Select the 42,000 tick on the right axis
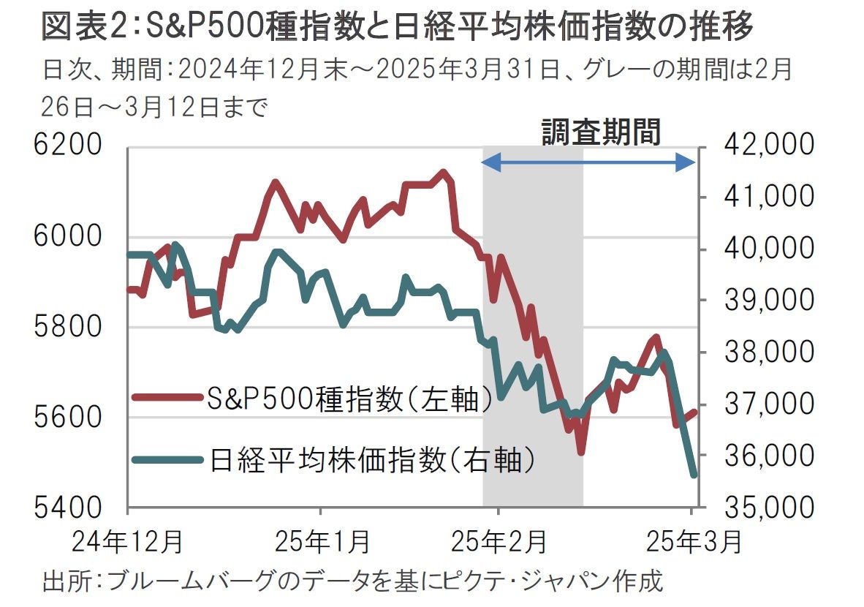point(765,146)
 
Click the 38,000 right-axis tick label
point(765,352)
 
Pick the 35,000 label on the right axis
point(765,507)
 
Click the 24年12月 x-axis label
point(127,543)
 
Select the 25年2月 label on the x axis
point(499,543)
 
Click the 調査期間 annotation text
point(601,132)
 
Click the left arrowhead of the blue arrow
point(488,162)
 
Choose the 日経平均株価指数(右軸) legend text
point(373,459)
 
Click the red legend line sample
point(167,398)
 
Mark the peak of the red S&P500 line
point(443,173)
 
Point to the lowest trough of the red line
point(581,452)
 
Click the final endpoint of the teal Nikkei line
point(693,475)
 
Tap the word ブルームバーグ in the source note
point(185,582)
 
